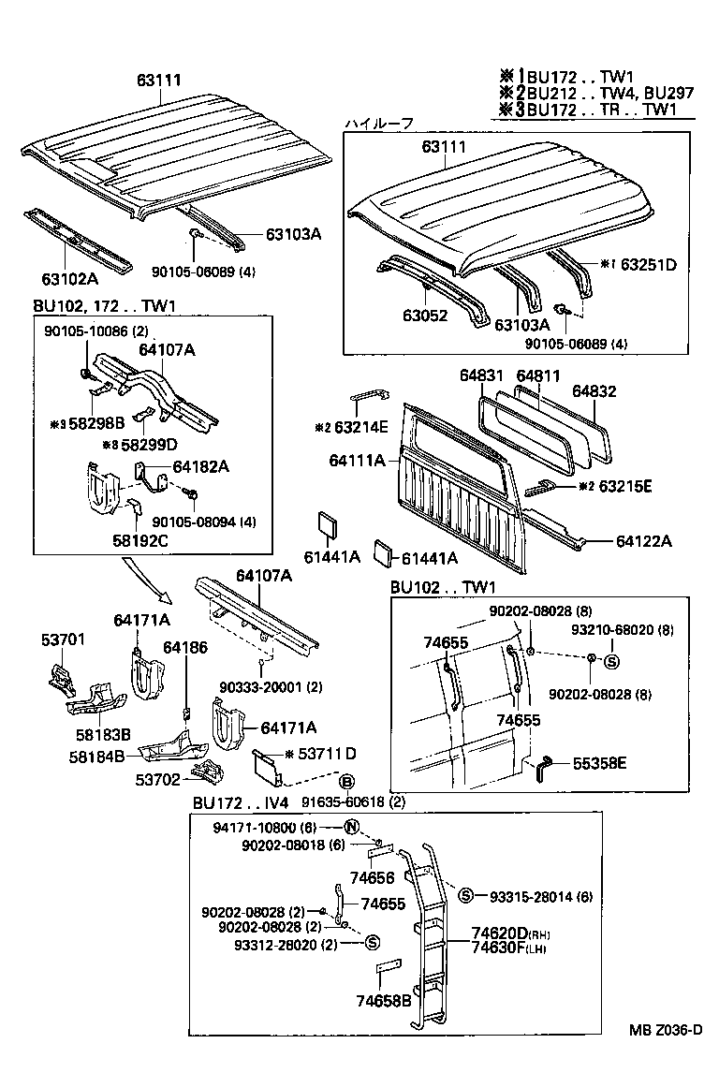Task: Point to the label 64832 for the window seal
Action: coord(594,391)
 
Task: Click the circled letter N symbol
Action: coord(352,826)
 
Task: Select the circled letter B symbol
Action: coord(345,782)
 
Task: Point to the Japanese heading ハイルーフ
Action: coord(378,124)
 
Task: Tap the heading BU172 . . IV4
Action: coord(241,803)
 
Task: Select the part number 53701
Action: coord(63,641)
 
